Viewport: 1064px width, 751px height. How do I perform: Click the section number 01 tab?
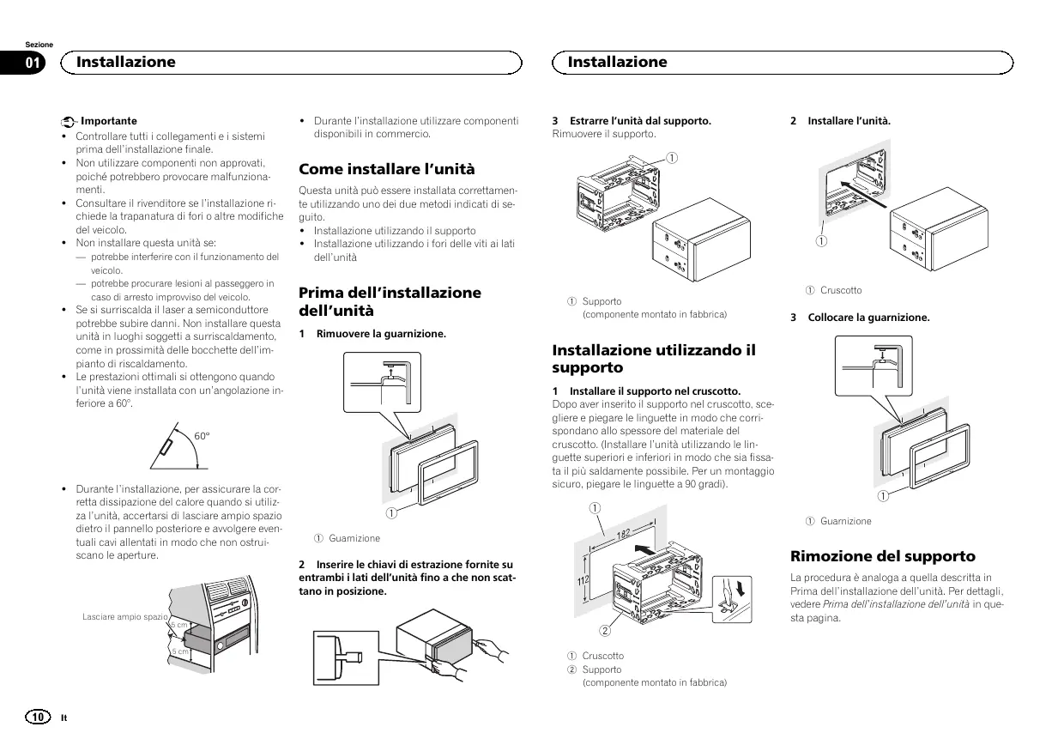tap(33, 63)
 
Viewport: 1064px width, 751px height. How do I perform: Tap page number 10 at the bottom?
tap(38, 717)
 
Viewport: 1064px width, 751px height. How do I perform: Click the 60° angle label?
tap(202, 435)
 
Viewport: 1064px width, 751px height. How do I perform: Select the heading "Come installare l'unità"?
tap(386, 169)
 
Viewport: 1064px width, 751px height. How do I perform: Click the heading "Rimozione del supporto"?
tap(882, 556)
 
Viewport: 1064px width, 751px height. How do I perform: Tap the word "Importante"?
tap(108, 121)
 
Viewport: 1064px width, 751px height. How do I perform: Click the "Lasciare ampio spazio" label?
tap(125, 617)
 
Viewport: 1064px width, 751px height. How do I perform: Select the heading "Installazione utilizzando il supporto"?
tap(654, 359)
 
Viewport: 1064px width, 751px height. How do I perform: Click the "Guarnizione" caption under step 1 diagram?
tap(354, 538)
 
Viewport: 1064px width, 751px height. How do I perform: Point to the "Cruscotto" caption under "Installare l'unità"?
tap(841, 290)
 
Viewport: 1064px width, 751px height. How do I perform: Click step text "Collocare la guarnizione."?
tap(868, 318)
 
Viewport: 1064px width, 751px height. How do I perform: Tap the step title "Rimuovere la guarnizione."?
tap(381, 333)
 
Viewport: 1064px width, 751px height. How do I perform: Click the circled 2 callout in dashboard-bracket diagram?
tap(604, 633)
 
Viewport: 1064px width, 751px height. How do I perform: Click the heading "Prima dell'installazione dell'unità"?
tap(390, 301)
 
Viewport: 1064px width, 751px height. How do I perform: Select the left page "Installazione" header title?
tap(125, 62)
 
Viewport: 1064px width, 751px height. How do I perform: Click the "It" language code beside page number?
tap(64, 718)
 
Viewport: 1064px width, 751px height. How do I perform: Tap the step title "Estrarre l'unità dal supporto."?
tap(640, 121)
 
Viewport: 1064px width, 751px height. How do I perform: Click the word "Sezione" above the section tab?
tap(39, 45)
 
